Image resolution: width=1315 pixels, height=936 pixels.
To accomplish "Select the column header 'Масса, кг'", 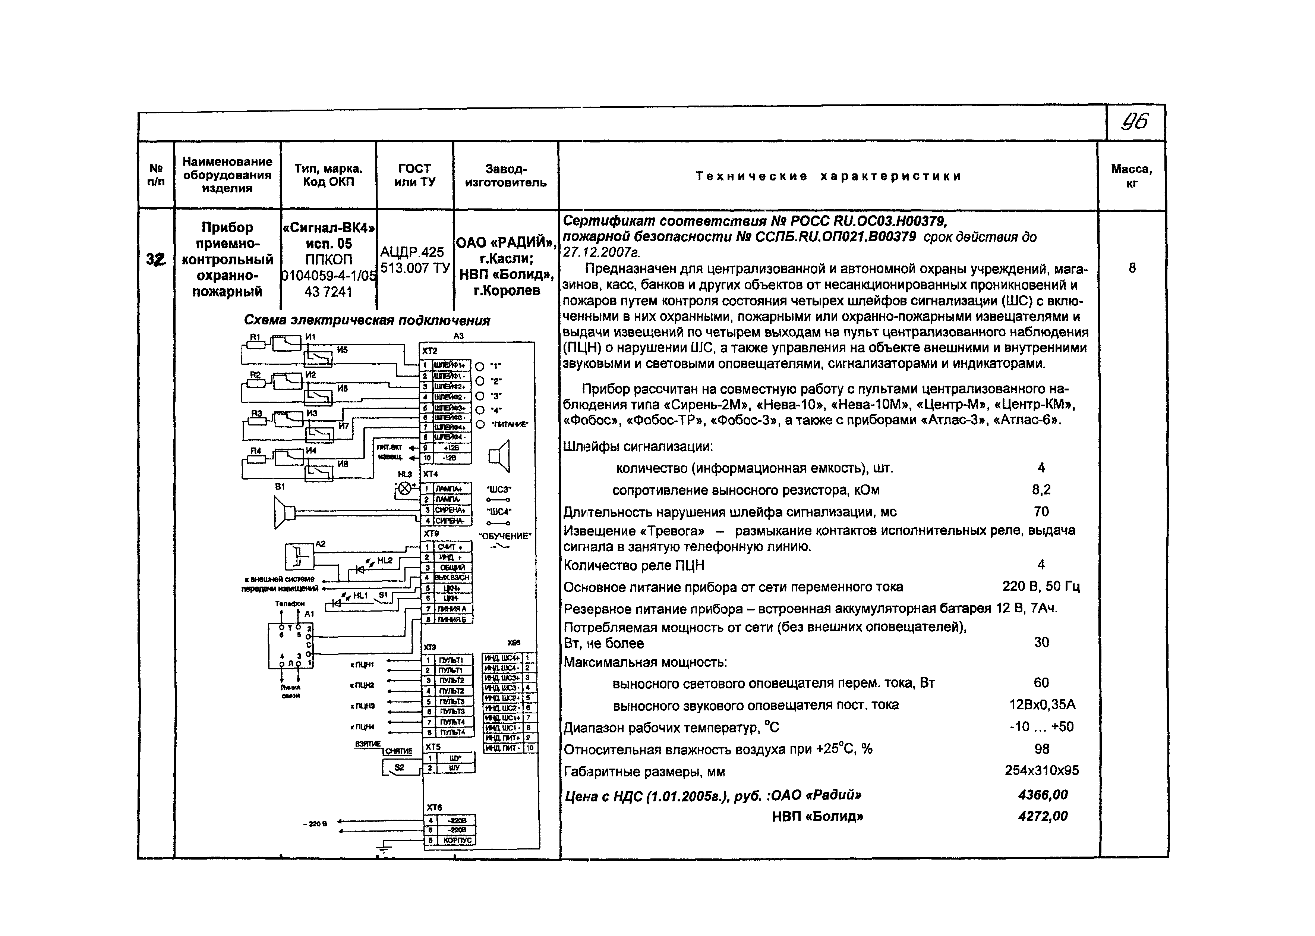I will [1131, 176].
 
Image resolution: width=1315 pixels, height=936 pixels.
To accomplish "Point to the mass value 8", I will [1132, 268].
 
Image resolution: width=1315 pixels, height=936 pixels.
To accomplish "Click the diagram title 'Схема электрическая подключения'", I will [367, 320].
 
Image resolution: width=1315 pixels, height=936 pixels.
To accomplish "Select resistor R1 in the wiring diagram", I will [256, 345].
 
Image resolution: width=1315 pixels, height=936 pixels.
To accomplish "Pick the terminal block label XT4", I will [430, 474].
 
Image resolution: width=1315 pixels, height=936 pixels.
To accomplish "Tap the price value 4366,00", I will [1043, 795].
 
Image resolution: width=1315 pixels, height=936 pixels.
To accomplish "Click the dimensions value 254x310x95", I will [1041, 770].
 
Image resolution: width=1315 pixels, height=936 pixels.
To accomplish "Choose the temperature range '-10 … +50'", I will [1041, 727].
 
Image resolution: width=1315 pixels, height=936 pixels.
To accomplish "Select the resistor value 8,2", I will [1041, 490].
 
